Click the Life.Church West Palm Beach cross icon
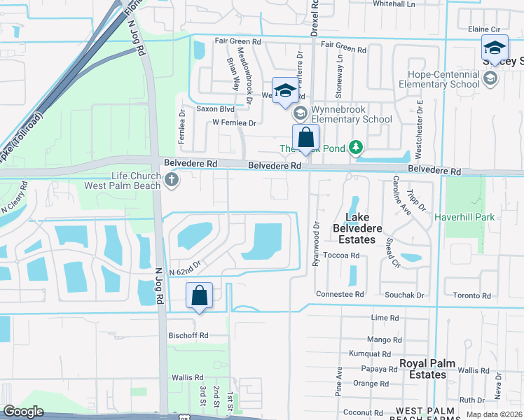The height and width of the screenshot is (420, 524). click(x=172, y=181)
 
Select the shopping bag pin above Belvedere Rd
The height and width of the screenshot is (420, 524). click(x=305, y=137)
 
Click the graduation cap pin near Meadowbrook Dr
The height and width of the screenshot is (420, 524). click(x=285, y=90)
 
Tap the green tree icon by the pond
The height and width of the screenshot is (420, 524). click(x=357, y=147)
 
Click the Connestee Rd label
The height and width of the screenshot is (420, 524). click(x=340, y=295)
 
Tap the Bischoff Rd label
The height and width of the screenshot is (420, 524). click(x=188, y=335)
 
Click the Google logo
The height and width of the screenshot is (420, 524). click(x=24, y=412)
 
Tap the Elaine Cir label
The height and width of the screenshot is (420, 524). click(x=488, y=29)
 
